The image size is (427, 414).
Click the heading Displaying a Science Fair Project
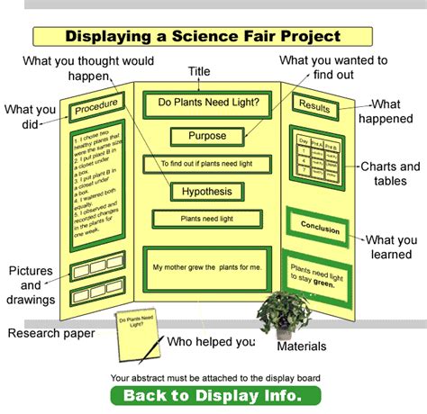203,37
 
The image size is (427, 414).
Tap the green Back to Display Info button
215,395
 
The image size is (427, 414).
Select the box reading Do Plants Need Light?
208,103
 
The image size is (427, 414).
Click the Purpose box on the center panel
207,136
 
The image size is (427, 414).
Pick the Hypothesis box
207,192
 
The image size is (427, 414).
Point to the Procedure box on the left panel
95,110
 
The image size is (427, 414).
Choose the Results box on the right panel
313,106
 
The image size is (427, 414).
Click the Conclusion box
320,228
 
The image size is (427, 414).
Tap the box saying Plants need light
207,218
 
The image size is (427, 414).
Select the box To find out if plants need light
207,164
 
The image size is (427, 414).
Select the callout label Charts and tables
390,175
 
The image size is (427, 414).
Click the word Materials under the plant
302,346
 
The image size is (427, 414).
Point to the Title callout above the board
199,71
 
